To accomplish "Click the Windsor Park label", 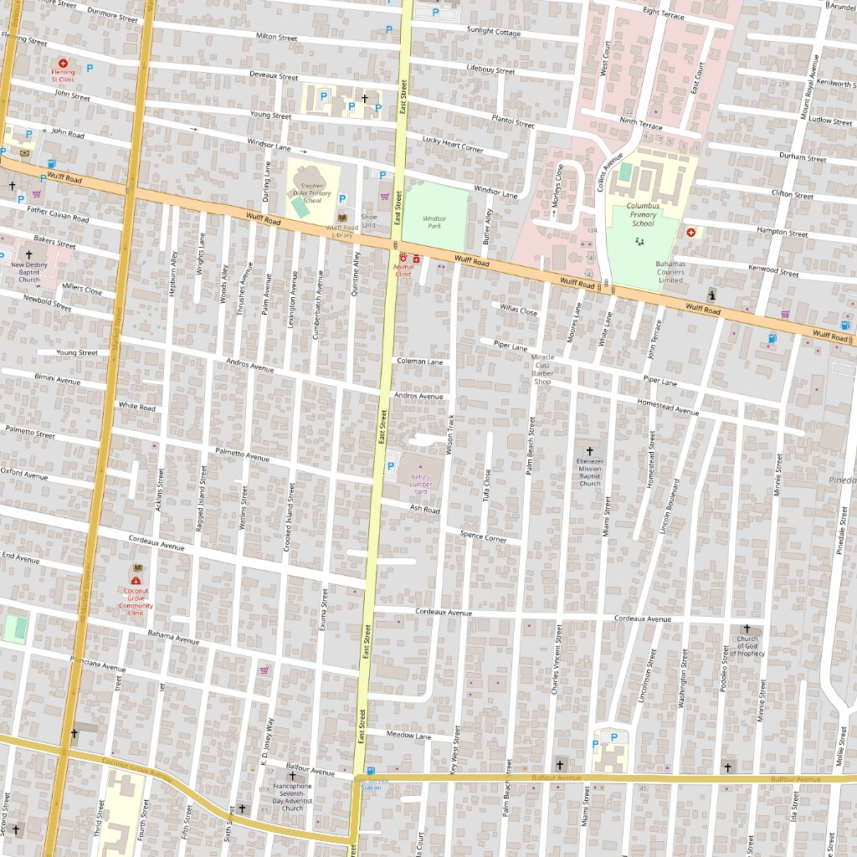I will tap(434, 221).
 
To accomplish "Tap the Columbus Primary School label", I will tap(643, 214).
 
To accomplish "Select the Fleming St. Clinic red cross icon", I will tap(63, 63).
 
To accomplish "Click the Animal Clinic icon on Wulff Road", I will tap(403, 258).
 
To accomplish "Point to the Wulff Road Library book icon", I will tap(341, 218).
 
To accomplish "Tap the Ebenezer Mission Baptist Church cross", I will tap(589, 451).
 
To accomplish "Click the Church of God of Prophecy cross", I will tap(747, 628).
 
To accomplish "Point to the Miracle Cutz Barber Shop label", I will tap(543, 369).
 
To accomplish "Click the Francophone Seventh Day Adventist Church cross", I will tap(292, 776).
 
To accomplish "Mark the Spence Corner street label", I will tap(483, 536).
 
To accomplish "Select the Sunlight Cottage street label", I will tap(494, 32).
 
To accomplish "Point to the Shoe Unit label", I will tap(369, 221).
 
